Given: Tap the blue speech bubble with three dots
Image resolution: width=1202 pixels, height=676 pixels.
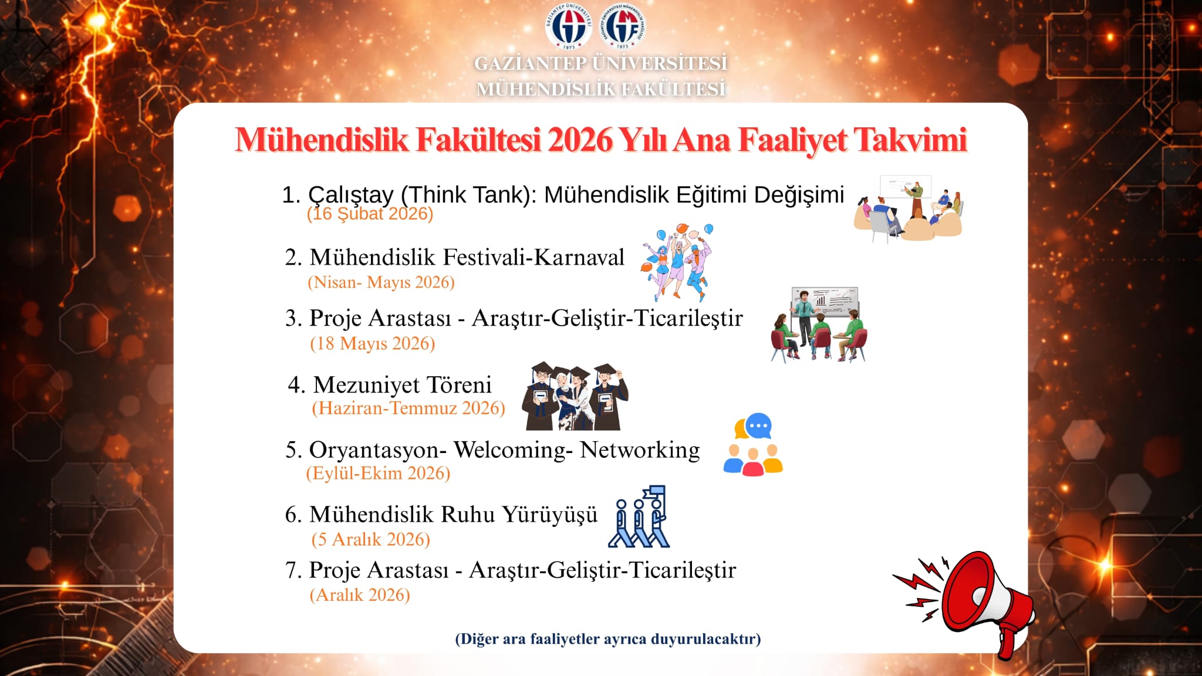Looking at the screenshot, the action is click(758, 425).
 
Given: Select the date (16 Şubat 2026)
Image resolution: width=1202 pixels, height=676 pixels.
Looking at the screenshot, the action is click(370, 214).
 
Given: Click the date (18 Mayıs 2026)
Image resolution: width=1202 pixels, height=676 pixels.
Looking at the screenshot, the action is click(373, 343).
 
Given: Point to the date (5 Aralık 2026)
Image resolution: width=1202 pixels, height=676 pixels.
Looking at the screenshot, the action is click(371, 539).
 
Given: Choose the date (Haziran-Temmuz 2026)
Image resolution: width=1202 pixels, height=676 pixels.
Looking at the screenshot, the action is click(408, 408).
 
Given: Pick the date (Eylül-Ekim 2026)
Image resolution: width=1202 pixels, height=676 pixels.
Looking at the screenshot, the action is click(378, 473).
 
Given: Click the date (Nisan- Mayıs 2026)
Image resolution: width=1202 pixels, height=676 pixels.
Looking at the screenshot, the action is click(381, 282).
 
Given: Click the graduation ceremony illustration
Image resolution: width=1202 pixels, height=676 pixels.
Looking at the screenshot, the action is click(575, 396).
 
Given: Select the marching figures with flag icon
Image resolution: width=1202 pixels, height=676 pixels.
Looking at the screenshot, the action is click(639, 516).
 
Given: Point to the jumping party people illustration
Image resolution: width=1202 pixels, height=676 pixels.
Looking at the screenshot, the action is click(677, 262).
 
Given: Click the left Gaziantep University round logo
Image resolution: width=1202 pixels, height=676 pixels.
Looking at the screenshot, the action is click(568, 26).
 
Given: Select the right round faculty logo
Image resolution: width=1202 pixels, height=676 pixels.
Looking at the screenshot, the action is click(622, 26).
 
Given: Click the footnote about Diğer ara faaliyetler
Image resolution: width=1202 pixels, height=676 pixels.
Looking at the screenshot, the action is click(608, 639).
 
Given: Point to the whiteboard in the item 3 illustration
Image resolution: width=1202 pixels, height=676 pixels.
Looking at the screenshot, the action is click(825, 302).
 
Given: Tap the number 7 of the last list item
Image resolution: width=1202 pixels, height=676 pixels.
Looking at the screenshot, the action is click(292, 570).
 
